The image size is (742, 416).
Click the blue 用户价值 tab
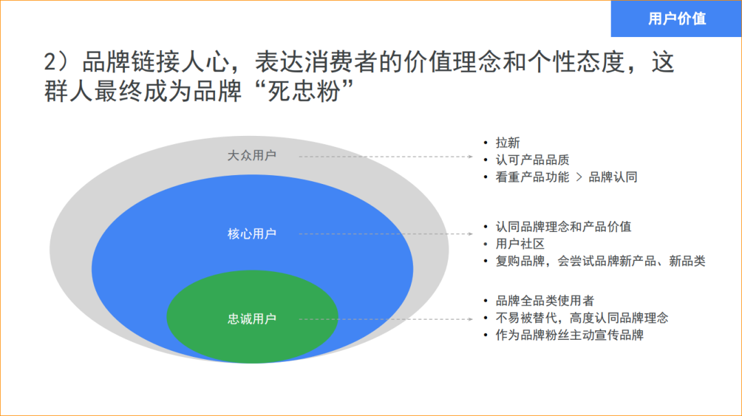[x=676, y=19]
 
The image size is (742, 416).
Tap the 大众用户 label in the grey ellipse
[x=251, y=156]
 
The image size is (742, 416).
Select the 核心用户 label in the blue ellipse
[x=251, y=234]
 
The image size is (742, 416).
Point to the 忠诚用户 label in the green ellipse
[x=251, y=319]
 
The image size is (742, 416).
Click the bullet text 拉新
[x=508, y=143]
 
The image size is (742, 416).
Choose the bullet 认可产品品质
[x=532, y=160]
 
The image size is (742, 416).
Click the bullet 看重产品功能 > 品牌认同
[x=566, y=177]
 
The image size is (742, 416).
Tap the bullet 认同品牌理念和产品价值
[x=563, y=227]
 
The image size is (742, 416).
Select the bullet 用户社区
[x=520, y=244]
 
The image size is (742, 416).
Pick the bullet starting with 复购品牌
[x=600, y=261]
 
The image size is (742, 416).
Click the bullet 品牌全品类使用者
[x=545, y=301]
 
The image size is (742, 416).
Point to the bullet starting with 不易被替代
[x=582, y=318]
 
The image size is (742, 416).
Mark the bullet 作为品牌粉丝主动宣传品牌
[x=570, y=335]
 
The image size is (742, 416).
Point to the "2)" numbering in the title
[x=58, y=63]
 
